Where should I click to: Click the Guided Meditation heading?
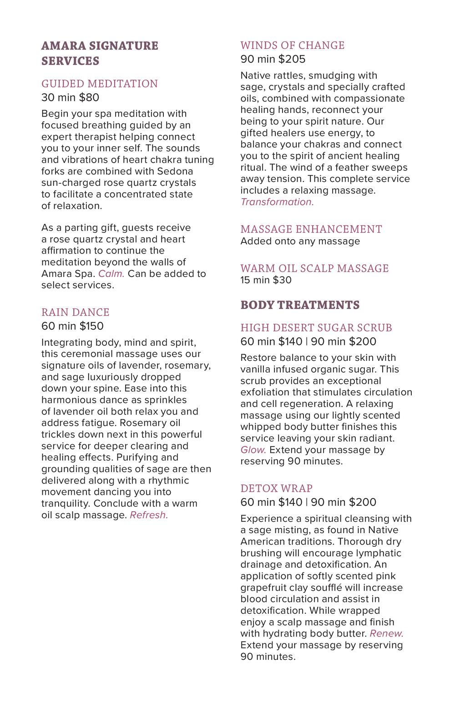point(100,84)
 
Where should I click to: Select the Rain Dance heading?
point(76,312)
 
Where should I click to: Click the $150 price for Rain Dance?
point(91,326)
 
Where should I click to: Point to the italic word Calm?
point(111,274)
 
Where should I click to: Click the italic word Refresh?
point(149,515)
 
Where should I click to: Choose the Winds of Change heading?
point(293,46)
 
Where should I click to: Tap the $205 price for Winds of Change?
point(292,59)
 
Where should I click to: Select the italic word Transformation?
point(277,202)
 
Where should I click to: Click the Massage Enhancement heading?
point(311,229)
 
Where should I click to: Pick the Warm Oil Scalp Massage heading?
point(314,268)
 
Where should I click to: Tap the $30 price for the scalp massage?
point(282,280)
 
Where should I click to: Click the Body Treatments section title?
point(300,305)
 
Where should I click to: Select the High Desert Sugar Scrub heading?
point(316,328)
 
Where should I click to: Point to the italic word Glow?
point(253,450)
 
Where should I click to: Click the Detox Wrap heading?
point(276,488)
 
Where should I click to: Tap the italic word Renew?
point(386,634)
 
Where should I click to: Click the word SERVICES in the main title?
point(70,61)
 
